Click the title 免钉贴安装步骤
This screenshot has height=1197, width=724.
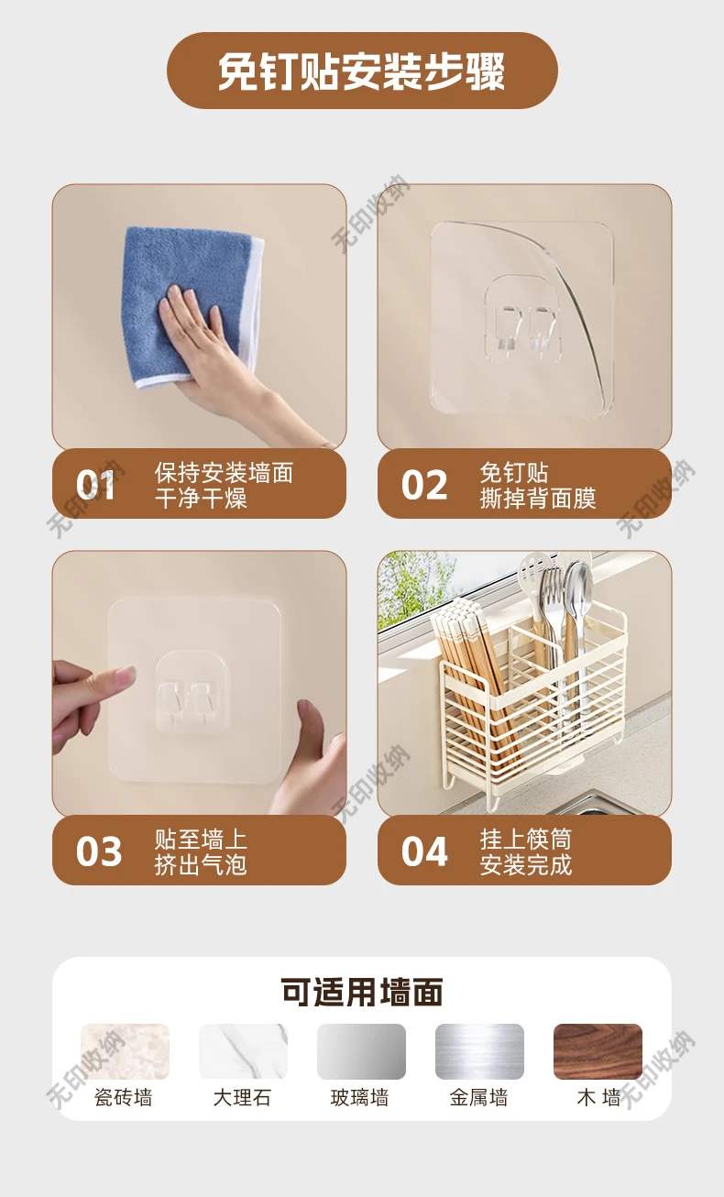tap(362, 71)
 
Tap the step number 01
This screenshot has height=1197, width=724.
tap(95, 485)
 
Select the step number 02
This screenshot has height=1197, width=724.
tap(424, 485)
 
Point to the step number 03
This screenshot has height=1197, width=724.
tap(99, 851)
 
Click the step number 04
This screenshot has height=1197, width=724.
tap(424, 851)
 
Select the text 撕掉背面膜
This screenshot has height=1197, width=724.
tap(538, 499)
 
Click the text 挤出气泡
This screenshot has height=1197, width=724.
tap(201, 864)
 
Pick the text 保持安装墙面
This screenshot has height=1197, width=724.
tap(224, 473)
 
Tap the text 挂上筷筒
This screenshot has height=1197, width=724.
tap(526, 839)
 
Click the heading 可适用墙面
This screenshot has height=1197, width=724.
tap(362, 993)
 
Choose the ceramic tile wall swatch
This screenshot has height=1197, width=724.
tap(125, 1051)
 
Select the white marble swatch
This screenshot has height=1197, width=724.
tap(243, 1051)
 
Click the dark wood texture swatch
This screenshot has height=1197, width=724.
tap(598, 1051)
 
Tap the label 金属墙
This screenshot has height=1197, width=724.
tap(478, 1098)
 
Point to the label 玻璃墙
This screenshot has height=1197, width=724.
tap(359, 1098)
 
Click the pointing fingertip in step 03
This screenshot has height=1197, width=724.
tap(128, 675)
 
